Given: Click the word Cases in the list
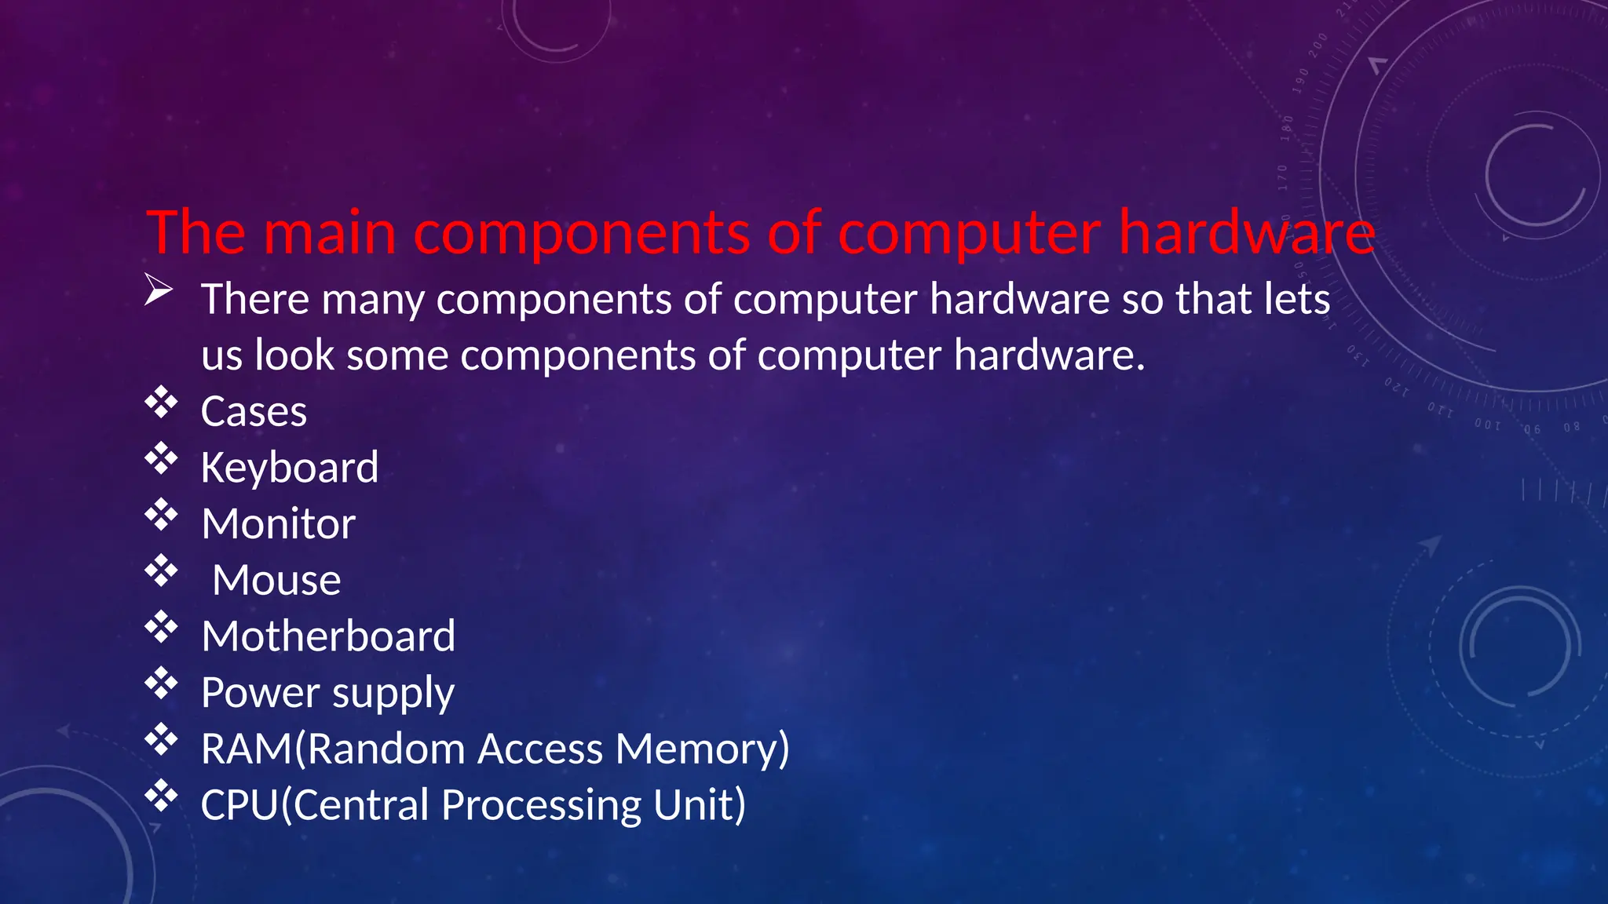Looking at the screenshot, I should coord(254,412).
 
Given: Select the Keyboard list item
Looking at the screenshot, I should coord(290,468).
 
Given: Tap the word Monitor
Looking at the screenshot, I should coord(279,524).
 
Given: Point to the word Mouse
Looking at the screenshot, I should coord(276,581).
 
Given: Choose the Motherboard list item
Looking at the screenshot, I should coord(328,636).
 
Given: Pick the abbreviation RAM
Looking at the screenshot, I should coord(247,749).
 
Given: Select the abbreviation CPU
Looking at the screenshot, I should coord(239,805).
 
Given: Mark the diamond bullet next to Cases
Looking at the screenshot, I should coord(161,403).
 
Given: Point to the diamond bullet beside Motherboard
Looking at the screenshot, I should coord(161,627).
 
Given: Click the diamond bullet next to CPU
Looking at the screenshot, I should coord(161,796).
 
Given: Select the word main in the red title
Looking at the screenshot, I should coord(330,233).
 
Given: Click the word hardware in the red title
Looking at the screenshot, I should coord(1247,233).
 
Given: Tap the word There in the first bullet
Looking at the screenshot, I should coord(255,300).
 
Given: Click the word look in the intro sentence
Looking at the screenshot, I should coord(295,355).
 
